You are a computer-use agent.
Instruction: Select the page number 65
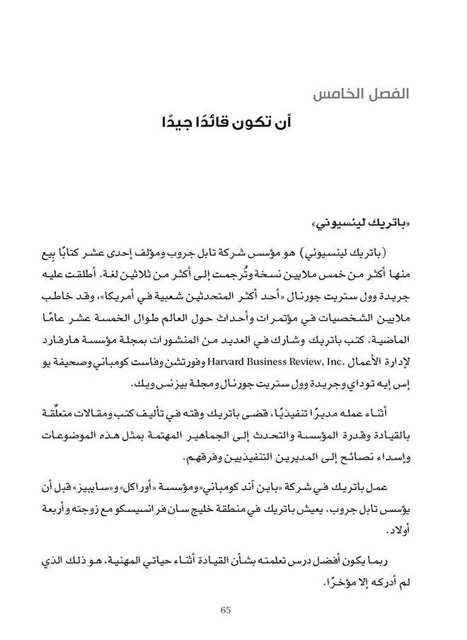[226, 610]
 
